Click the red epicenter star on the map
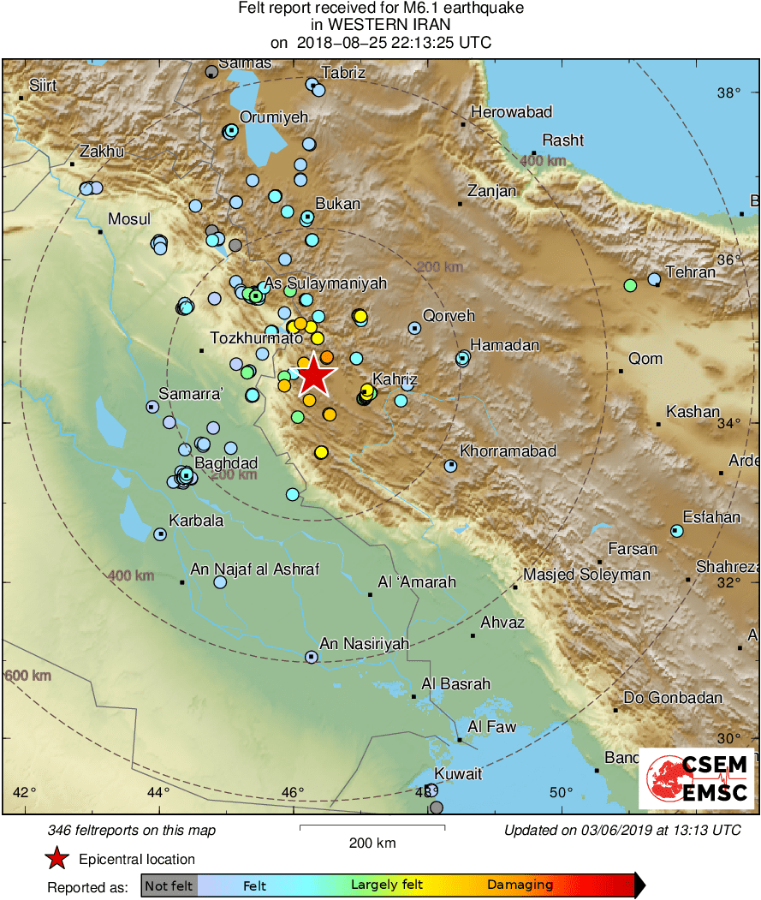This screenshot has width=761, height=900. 315,374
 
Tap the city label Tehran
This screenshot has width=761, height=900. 689,272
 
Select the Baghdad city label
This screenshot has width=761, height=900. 226,463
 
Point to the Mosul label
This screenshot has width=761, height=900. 129,218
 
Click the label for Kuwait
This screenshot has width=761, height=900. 458,773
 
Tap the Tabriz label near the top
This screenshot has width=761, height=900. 343,73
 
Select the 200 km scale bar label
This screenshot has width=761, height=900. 372,843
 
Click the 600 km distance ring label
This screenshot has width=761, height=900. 27,676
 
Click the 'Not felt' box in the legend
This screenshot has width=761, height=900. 169,885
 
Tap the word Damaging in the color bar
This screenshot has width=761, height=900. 520,885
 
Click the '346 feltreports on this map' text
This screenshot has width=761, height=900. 133,830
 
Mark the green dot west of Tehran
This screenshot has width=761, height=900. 630,285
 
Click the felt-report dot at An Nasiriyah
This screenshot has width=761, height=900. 311,657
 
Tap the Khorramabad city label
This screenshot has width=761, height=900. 508,450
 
